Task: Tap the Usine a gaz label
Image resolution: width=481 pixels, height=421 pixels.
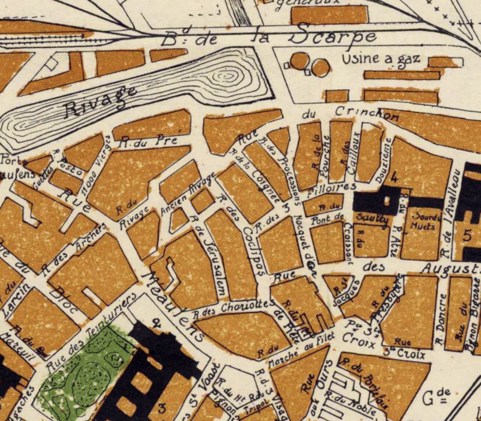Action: coord(381,59)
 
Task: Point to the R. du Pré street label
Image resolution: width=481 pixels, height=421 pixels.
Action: coord(148,142)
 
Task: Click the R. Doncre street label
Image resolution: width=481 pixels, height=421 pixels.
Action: coord(441,319)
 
